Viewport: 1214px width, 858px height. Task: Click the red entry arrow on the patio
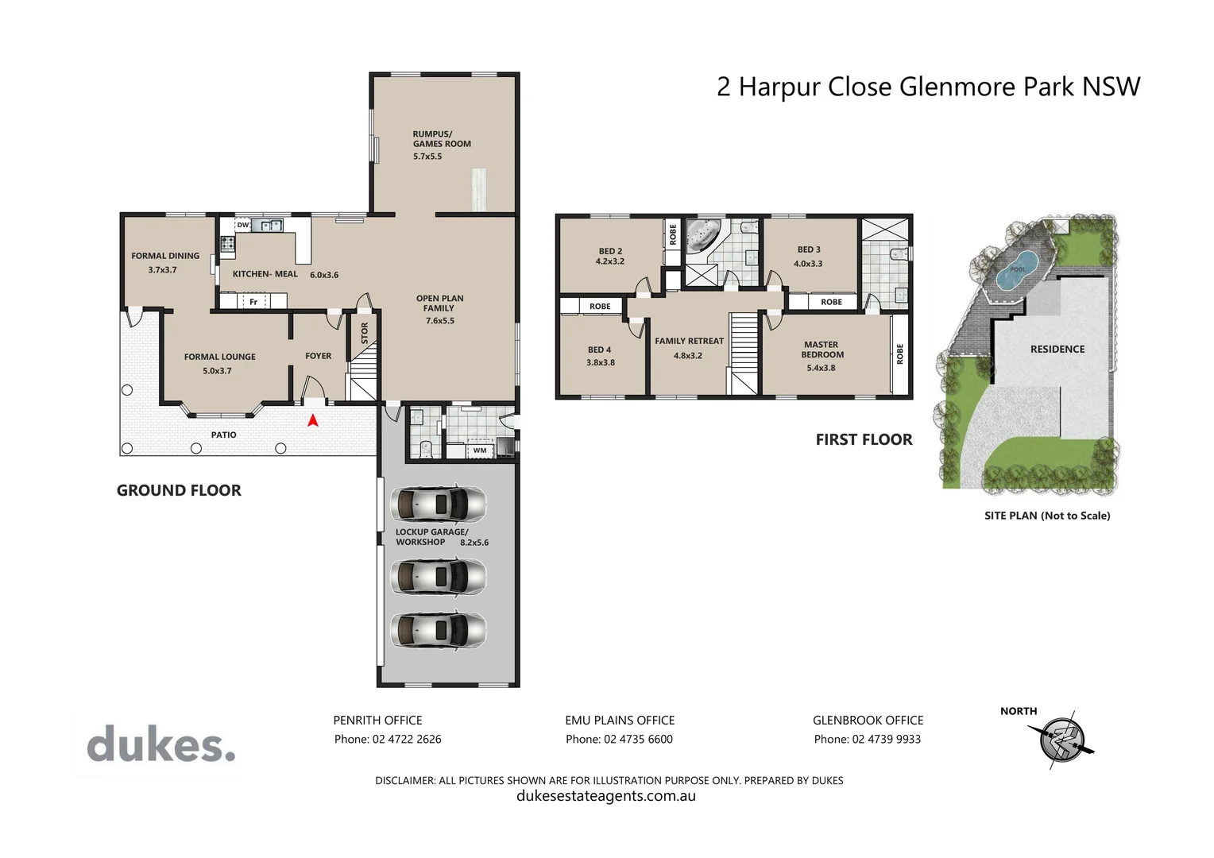click(x=313, y=420)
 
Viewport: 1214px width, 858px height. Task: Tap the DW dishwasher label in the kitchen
click(x=243, y=225)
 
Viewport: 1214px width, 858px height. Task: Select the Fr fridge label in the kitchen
click(x=253, y=302)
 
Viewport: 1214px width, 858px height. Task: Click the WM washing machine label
click(x=480, y=450)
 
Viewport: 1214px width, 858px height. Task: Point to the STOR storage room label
click(x=365, y=333)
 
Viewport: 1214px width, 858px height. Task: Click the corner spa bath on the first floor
click(x=703, y=236)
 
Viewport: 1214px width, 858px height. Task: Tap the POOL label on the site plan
click(x=1017, y=269)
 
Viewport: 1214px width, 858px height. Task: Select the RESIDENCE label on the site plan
click(x=1057, y=349)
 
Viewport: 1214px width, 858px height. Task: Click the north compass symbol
click(x=1061, y=740)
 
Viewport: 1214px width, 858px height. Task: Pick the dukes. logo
click(x=161, y=744)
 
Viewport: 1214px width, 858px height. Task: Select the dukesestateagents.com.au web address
click(x=606, y=796)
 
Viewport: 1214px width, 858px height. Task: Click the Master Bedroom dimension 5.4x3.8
click(x=821, y=368)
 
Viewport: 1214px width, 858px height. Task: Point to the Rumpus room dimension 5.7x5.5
click(x=427, y=156)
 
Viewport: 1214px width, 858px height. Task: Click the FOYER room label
click(x=318, y=356)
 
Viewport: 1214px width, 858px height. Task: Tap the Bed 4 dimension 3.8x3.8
click(x=601, y=362)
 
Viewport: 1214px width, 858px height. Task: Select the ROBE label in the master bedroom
click(x=899, y=354)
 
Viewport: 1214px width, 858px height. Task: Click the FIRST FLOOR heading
click(x=864, y=439)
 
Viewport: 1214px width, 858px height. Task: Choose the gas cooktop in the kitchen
click(x=227, y=243)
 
